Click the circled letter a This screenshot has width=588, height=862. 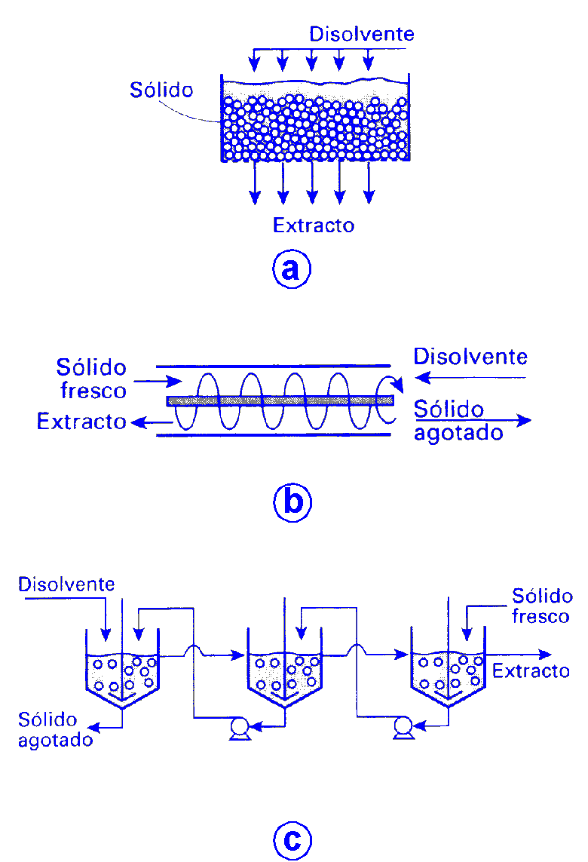[x=292, y=269]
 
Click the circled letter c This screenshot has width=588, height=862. [x=292, y=839]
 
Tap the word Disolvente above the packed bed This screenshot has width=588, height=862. [x=362, y=34]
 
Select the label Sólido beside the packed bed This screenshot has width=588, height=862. [x=161, y=90]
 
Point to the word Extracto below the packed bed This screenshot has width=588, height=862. [x=314, y=225]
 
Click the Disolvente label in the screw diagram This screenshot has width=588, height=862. [x=470, y=356]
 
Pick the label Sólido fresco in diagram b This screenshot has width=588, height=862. [x=92, y=379]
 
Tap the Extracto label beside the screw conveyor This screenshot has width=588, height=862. [x=81, y=422]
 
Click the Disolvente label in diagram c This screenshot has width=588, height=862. [x=66, y=584]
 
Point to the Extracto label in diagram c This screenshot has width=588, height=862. [x=531, y=670]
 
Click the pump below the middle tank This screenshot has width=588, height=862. [x=240, y=729]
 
